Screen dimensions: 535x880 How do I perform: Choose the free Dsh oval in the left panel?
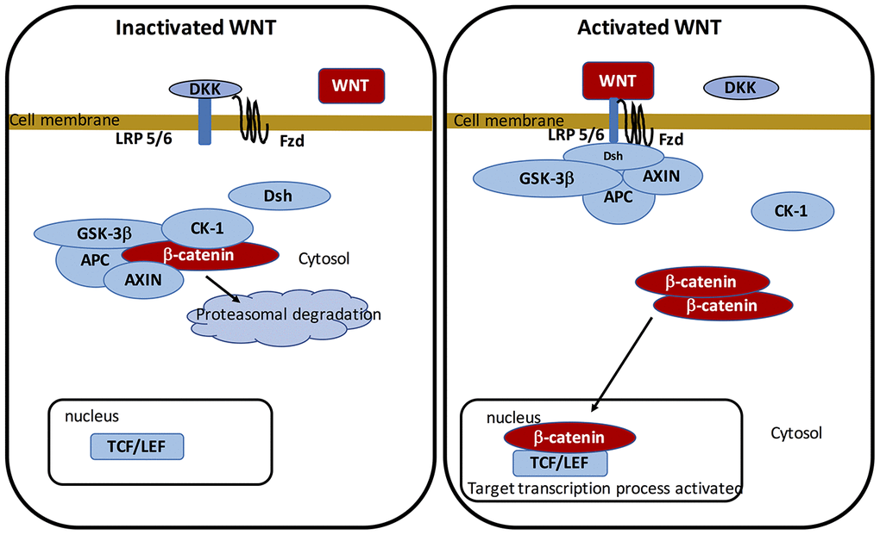[x=279, y=196]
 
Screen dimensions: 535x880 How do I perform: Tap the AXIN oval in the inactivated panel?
[x=143, y=279]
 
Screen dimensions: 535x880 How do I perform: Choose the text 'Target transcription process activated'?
[x=604, y=488]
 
